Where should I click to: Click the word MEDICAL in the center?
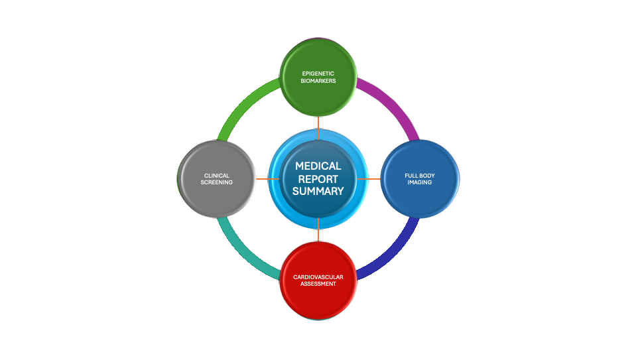(x=318, y=166)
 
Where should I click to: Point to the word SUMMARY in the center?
(x=318, y=191)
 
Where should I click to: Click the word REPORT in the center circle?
(x=318, y=179)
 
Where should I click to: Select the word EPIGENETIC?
(x=318, y=73)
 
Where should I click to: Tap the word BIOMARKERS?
(x=318, y=81)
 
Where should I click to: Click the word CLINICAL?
(x=217, y=176)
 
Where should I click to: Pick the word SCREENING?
(x=217, y=182)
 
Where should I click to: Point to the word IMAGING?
(x=419, y=182)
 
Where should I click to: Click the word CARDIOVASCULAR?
(x=318, y=276)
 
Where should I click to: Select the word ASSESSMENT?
(x=318, y=284)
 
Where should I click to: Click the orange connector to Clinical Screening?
(x=267, y=179)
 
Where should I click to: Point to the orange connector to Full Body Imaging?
(x=369, y=179)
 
